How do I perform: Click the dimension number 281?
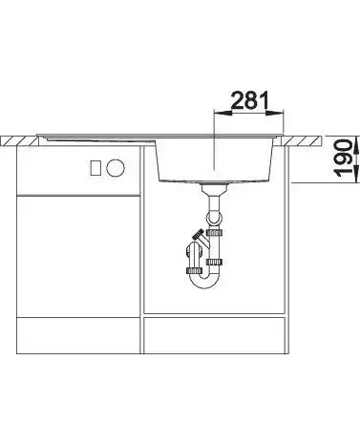pyautogui.click(x=249, y=100)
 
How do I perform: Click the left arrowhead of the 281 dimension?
pyautogui.click(x=223, y=113)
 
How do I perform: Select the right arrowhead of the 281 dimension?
pyautogui.click(x=274, y=113)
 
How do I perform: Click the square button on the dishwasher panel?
pyautogui.click(x=96, y=168)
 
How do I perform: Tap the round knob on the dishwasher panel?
pyautogui.click(x=116, y=167)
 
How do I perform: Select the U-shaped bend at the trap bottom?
pyautogui.click(x=204, y=281)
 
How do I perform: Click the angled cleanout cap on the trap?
pyautogui.click(x=199, y=234)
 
